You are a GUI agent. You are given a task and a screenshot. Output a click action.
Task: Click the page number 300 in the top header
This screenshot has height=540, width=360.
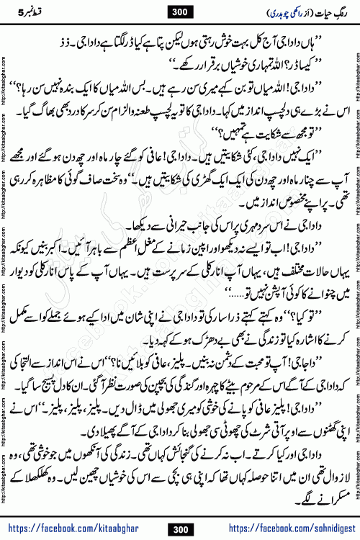point(179,11)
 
